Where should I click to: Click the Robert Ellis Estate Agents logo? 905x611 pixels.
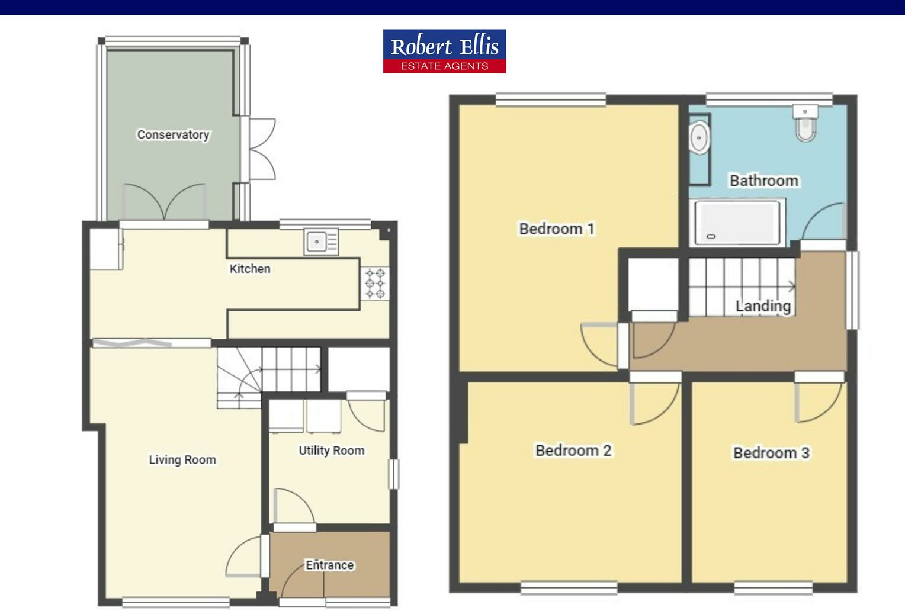tap(444, 51)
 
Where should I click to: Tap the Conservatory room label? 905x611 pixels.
tap(173, 135)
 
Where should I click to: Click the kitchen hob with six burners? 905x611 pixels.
tap(375, 283)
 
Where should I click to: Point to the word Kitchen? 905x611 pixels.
tap(250, 269)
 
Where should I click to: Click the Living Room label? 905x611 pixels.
tap(182, 460)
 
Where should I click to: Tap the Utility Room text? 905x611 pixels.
tap(331, 451)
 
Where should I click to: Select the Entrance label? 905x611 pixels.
tap(329, 565)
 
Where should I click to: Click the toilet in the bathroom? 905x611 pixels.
tap(805, 124)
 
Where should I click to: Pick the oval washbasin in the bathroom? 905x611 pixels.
tap(699, 138)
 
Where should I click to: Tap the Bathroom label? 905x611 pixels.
tap(763, 181)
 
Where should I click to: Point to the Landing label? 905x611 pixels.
tap(763, 306)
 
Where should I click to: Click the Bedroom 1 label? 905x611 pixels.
tap(556, 229)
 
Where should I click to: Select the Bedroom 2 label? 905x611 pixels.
tap(573, 451)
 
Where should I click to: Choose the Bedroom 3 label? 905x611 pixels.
tap(771, 453)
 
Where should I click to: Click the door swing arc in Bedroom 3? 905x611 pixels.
tap(823, 403)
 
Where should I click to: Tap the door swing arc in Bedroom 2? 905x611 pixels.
tap(657, 406)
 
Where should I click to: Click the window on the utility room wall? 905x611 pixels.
tap(393, 474)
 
